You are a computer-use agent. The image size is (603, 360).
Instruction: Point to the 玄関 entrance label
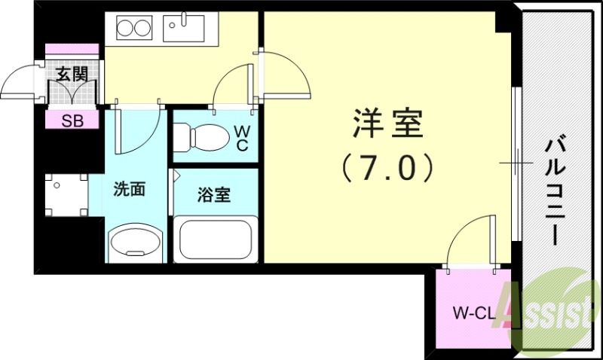[x=72, y=73]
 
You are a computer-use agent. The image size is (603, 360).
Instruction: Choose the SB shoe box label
[x=72, y=121]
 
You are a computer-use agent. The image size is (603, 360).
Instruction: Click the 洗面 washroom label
[x=129, y=188]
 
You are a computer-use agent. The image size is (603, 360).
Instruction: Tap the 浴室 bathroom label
[x=213, y=195]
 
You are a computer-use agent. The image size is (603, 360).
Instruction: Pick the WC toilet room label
[x=242, y=138]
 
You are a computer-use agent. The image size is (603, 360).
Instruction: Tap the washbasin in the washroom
[x=136, y=243]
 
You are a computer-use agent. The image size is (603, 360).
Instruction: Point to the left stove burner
[x=124, y=29]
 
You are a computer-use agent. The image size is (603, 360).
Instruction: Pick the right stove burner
[x=143, y=29]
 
